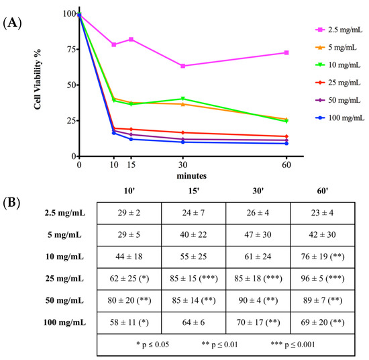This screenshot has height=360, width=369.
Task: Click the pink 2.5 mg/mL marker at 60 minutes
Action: (286, 52)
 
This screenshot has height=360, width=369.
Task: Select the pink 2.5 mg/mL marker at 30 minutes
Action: (183, 66)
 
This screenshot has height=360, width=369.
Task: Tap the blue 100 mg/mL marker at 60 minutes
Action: (286, 143)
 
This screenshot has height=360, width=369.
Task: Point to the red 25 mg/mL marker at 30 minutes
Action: (183, 132)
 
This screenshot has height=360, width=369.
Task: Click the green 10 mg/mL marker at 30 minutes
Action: (183, 99)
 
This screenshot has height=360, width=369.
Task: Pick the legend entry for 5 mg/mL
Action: (336, 48)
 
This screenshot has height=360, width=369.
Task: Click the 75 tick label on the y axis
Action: (71, 49)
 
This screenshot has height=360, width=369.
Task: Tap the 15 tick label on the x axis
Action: (131, 165)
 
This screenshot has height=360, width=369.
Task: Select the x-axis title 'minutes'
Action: (192, 176)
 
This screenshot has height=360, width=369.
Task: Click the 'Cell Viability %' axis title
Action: (37, 79)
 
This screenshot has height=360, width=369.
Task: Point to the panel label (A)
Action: (12, 23)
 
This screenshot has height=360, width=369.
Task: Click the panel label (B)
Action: (11, 203)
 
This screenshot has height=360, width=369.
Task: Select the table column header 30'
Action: (258, 191)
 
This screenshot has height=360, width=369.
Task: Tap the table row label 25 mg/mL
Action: (64, 279)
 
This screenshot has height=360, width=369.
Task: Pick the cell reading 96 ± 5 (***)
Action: (323, 279)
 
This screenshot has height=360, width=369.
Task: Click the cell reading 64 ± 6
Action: (193, 322)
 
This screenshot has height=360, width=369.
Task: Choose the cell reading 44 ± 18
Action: (129, 257)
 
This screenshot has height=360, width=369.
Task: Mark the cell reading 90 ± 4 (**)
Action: (258, 300)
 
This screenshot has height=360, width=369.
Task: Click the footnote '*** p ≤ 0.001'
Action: (293, 345)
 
